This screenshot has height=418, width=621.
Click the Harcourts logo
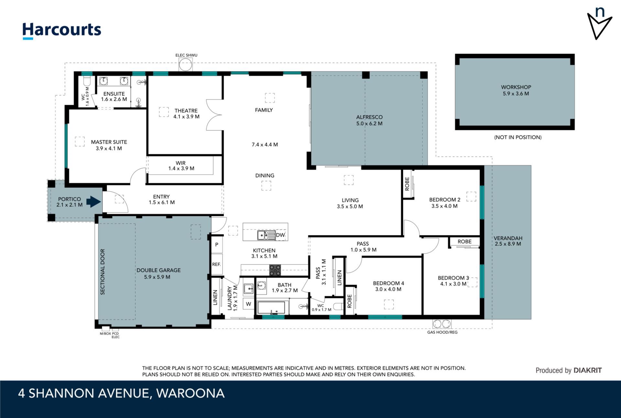coord(61,30)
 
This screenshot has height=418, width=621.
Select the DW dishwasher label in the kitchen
coord(280,235)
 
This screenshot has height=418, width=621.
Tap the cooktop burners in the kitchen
coord(275,270)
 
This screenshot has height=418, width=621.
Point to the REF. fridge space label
coord(216,264)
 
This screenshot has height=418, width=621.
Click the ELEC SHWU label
coord(186,55)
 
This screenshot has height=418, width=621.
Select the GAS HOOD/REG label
coord(442,332)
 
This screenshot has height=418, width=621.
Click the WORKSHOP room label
coord(516,87)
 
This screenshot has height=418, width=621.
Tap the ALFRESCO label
coord(369,117)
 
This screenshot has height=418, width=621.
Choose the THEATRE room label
coord(186,111)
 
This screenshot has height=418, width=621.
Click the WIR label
coord(180,163)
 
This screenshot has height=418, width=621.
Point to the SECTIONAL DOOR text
coord(103,272)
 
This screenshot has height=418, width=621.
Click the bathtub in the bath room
coord(271,308)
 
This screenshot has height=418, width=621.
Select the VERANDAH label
coord(508,238)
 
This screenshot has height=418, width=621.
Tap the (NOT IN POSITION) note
coord(517,137)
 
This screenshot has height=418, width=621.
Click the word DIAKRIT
coord(587,370)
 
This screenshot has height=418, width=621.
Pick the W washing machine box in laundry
coord(248,304)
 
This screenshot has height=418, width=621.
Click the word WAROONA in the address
coord(191,393)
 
